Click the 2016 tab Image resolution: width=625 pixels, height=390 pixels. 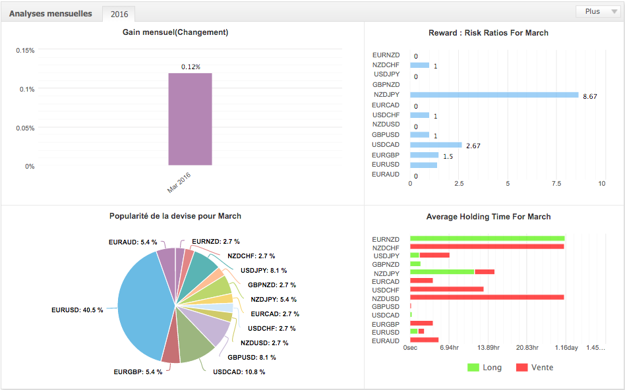point(119,14)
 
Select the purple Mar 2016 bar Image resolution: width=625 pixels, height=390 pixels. point(190,119)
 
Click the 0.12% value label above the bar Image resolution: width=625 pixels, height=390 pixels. point(191,67)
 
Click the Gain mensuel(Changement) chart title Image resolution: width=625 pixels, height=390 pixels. point(175,32)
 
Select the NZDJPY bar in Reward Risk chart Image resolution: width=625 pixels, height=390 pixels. point(494,95)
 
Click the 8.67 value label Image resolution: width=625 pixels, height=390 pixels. point(590,96)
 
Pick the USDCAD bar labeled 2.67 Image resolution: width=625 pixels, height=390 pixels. point(436,145)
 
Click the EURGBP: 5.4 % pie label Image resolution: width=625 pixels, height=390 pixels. point(137,372)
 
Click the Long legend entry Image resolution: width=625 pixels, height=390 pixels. point(484,367)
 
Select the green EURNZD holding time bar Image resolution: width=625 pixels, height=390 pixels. point(487,238)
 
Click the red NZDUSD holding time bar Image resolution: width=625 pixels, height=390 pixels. point(487,297)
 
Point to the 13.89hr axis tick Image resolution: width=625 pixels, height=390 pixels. point(487,347)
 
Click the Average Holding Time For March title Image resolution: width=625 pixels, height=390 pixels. point(489,216)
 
